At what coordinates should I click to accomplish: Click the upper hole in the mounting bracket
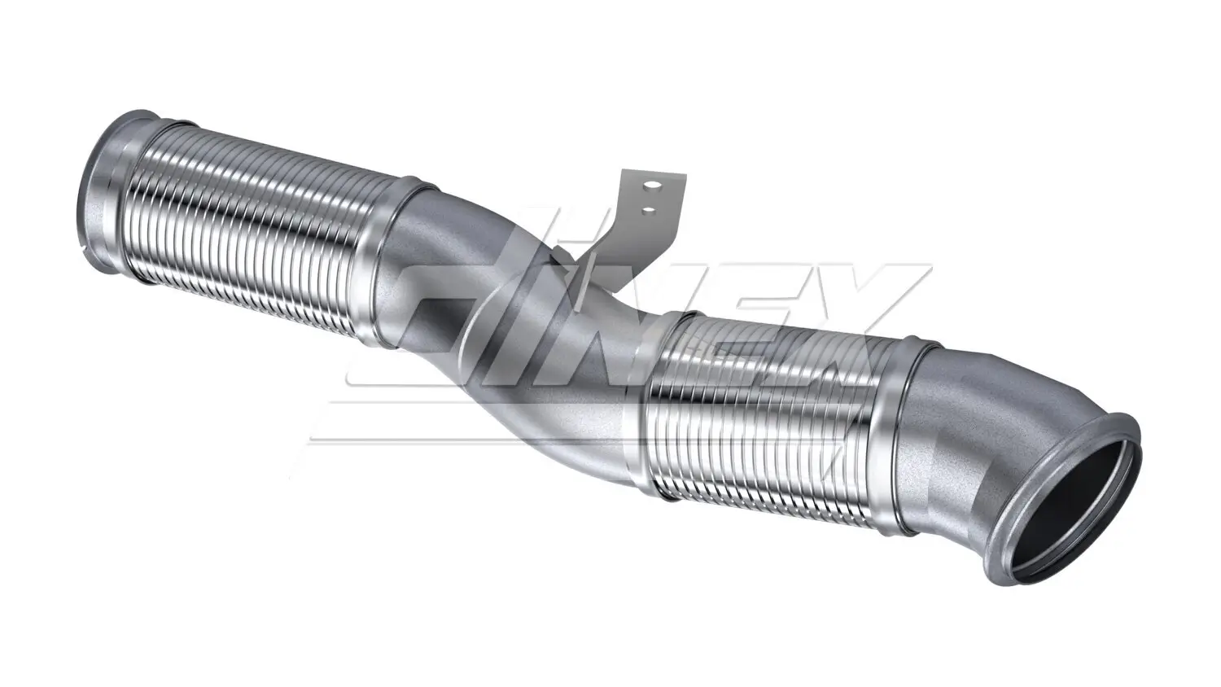pyautogui.click(x=649, y=186)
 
